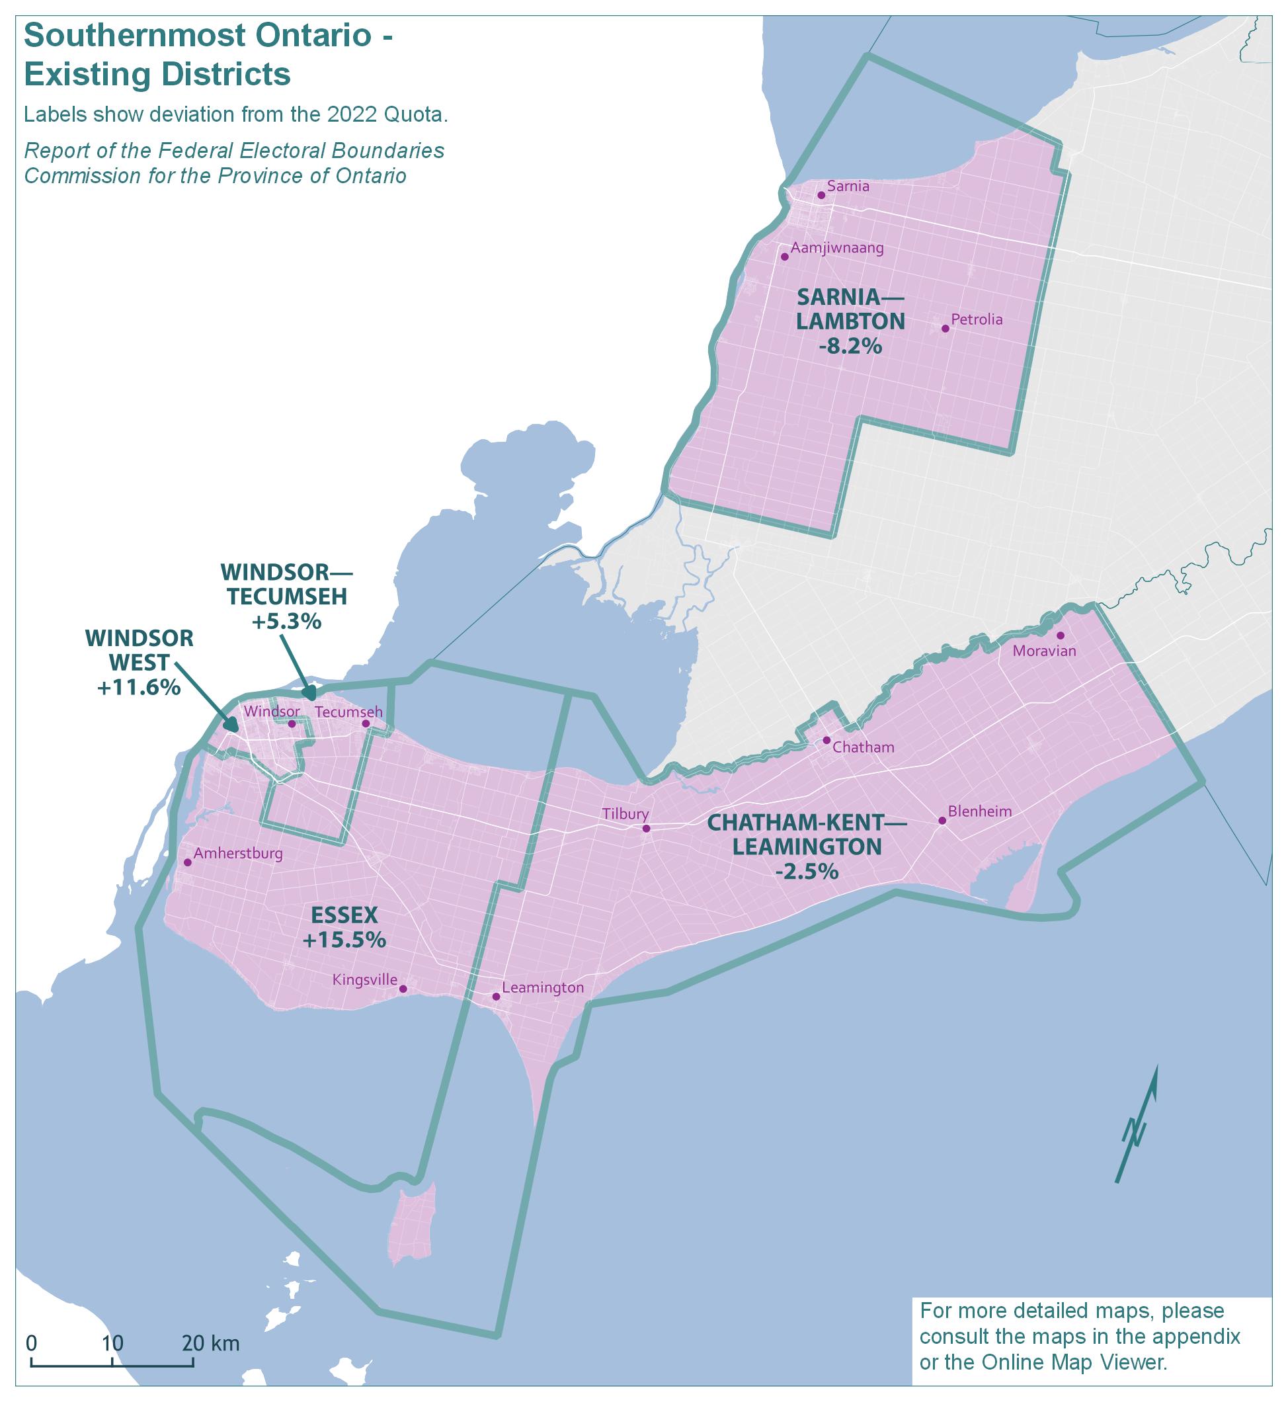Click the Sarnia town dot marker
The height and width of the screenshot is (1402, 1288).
tap(821, 195)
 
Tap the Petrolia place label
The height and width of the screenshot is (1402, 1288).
tap(976, 320)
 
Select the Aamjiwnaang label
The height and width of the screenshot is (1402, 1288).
tap(836, 248)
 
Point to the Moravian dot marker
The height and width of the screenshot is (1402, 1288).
tap(1060, 635)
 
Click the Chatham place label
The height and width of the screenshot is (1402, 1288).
tap(863, 747)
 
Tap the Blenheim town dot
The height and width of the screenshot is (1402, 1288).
tap(942, 821)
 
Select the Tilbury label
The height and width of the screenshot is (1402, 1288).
tap(625, 814)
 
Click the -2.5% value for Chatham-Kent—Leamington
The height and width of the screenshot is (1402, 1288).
tap(807, 872)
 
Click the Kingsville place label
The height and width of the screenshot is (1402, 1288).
tap(364, 980)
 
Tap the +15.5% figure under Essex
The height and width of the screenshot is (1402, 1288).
tap(344, 940)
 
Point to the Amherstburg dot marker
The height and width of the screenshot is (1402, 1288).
tap(188, 862)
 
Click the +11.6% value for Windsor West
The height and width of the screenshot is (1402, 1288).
tap(139, 687)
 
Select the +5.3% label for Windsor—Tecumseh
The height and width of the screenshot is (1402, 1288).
tap(286, 621)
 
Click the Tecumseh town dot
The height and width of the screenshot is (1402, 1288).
tap(366, 723)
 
